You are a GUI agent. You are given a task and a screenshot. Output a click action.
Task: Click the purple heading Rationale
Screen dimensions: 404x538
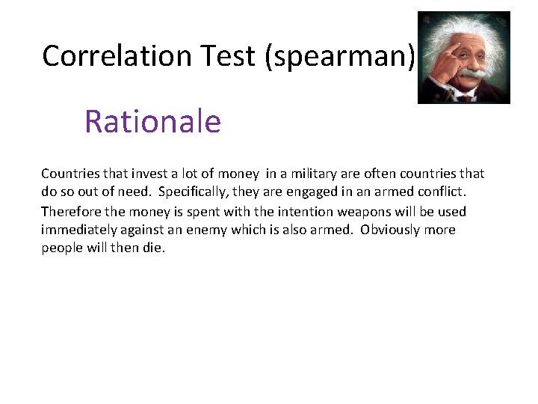[x=152, y=121]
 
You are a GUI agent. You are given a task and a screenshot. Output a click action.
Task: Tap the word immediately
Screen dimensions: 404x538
[x=78, y=230]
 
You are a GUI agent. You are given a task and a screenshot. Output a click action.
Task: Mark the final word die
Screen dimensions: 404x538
[x=152, y=248]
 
